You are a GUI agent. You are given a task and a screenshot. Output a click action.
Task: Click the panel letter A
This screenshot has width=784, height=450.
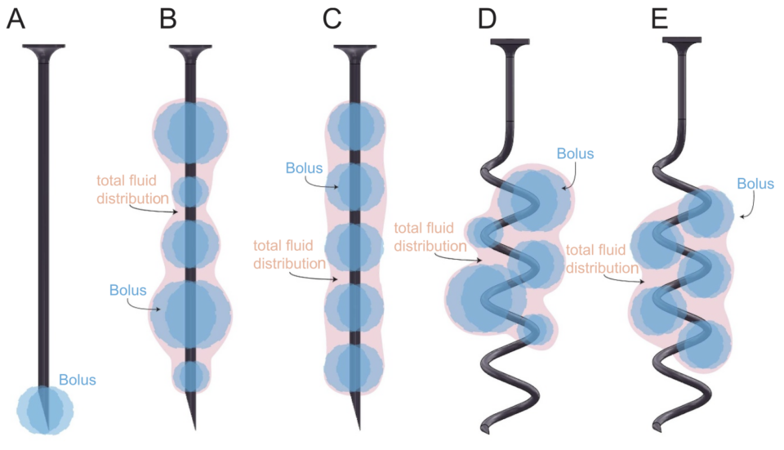click(x=16, y=18)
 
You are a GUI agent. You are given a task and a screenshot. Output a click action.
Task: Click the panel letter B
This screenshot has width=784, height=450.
click(x=168, y=18)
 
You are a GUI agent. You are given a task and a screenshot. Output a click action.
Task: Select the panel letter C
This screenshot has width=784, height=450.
click(x=332, y=18)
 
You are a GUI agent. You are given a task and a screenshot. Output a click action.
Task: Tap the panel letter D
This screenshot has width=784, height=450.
click(x=487, y=18)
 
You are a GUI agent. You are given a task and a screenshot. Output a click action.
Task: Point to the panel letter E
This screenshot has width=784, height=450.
click(x=660, y=18)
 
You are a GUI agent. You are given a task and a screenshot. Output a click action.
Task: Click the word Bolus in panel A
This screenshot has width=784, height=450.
click(x=78, y=380)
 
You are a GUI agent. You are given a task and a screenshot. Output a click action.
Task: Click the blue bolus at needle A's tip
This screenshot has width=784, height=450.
click(x=46, y=407)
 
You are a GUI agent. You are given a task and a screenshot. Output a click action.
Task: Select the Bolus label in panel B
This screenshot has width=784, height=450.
click(x=128, y=290)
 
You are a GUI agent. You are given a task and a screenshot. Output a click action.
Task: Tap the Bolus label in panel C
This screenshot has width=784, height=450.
click(x=304, y=169)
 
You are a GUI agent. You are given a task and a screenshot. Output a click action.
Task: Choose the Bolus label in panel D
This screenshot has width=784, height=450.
click(x=575, y=154)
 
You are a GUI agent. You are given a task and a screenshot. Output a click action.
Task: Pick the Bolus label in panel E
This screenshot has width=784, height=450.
click(x=755, y=185)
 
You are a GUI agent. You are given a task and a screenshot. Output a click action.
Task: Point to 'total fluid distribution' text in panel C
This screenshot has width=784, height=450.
click(x=290, y=254)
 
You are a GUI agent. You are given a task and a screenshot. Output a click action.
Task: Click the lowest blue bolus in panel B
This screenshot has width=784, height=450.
click(x=191, y=376)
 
